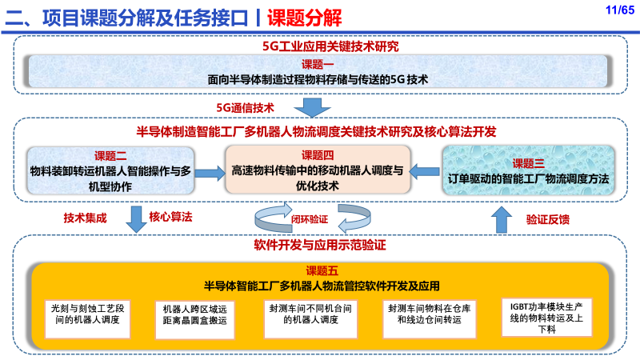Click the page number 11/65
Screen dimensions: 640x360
pyautogui.click(x=619, y=10)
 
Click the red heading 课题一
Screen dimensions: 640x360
pyautogui.click(x=318, y=65)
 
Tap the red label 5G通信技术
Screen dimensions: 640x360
pyautogui.click(x=245, y=108)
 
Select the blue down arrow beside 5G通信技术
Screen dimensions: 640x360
pyautogui.click(x=312, y=108)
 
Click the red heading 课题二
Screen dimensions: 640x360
pyautogui.click(x=110, y=156)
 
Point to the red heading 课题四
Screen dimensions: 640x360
pyautogui.click(x=318, y=155)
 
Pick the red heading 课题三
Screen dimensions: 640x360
pyautogui.click(x=528, y=164)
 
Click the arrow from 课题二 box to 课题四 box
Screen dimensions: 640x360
pyautogui.click(x=210, y=173)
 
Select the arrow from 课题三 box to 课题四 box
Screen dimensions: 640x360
pyautogui.click(x=424, y=171)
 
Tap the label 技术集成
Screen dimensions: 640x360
pyautogui.click(x=85, y=218)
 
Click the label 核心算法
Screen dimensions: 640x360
pyautogui.click(x=170, y=217)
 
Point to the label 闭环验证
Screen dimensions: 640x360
pyautogui.click(x=310, y=219)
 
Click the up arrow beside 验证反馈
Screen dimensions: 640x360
pyautogui.click(x=502, y=219)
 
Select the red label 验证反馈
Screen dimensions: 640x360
pyautogui.click(x=548, y=219)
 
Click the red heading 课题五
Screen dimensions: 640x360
pyautogui.click(x=322, y=271)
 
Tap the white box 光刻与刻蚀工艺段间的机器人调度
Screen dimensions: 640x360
pyautogui.click(x=87, y=319)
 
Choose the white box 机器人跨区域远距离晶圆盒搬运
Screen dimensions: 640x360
pyautogui.click(x=194, y=320)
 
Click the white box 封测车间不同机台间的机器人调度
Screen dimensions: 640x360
pyautogui.click(x=310, y=319)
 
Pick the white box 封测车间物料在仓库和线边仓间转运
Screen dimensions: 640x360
pyautogui.click(x=430, y=319)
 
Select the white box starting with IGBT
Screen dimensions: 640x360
pyautogui.click(x=546, y=318)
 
